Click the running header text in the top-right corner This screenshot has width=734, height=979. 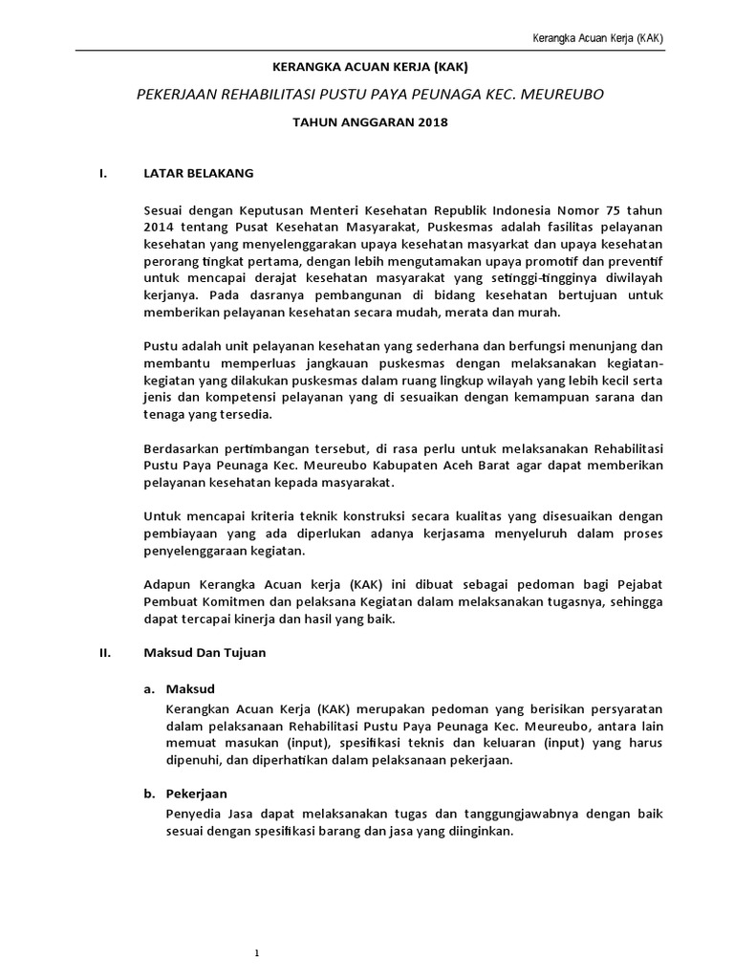pos(598,38)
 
